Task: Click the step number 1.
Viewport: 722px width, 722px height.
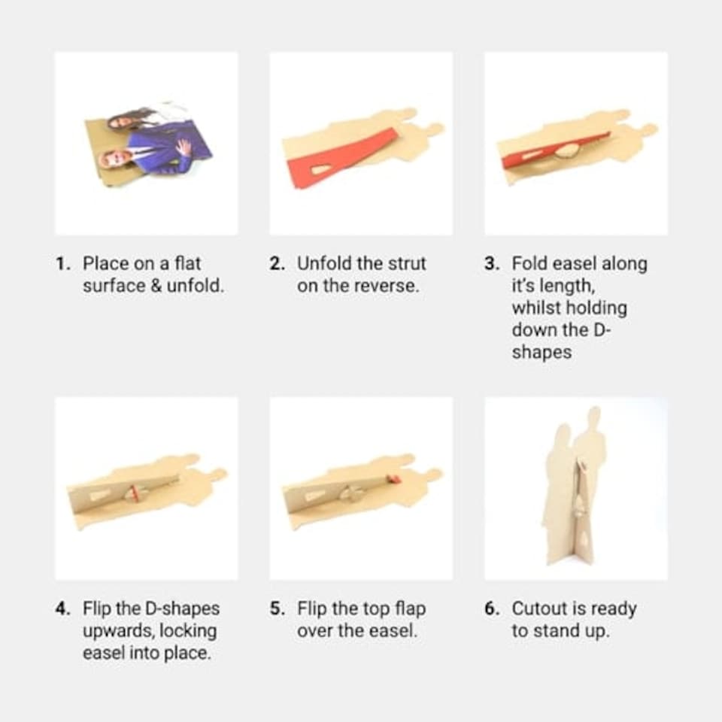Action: pyautogui.click(x=62, y=264)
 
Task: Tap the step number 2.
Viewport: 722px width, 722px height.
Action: pyautogui.click(x=278, y=264)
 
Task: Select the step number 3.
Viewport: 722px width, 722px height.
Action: pyautogui.click(x=492, y=264)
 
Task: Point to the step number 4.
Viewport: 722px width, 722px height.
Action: pyautogui.click(x=62, y=608)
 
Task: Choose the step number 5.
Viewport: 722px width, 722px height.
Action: pyautogui.click(x=278, y=608)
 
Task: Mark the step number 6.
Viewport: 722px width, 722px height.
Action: pyautogui.click(x=492, y=608)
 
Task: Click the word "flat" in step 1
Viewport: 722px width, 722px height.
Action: pyautogui.click(x=187, y=263)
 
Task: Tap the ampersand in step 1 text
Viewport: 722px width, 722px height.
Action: pyautogui.click(x=156, y=286)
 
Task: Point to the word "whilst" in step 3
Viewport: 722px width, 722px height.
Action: pyautogui.click(x=536, y=308)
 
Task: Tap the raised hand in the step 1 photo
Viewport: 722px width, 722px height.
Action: pyautogui.click(x=184, y=148)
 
